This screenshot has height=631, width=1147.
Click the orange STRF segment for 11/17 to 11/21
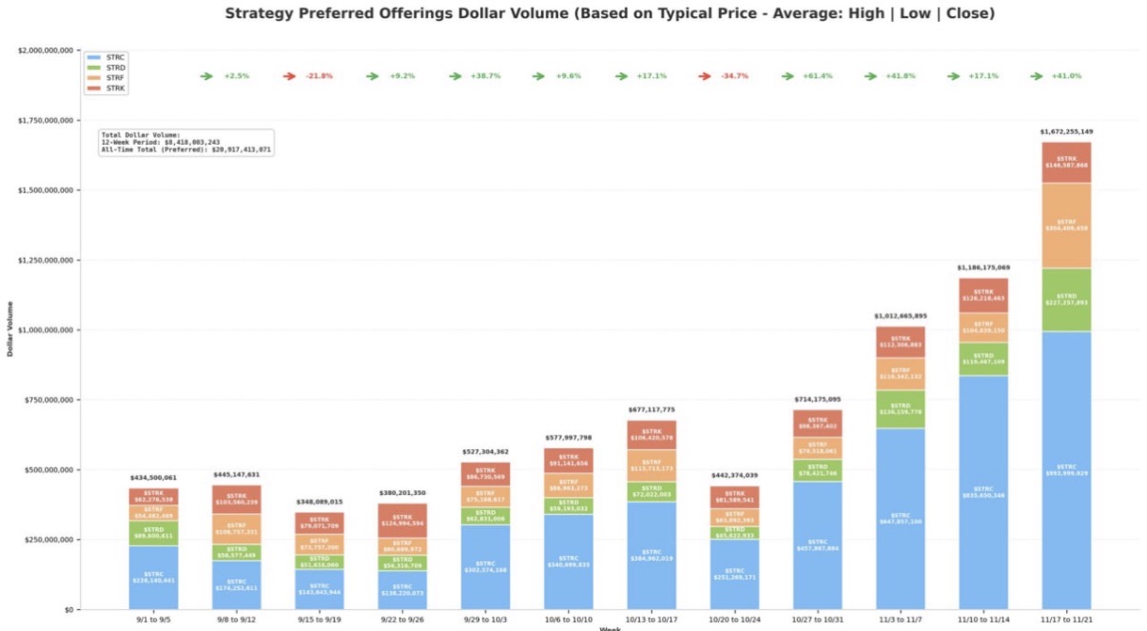1065,226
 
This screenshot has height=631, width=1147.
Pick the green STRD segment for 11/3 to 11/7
899,409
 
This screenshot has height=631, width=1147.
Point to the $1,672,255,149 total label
1065,131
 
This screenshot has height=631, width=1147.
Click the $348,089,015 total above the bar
320,502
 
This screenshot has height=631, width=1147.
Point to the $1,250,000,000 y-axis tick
47,260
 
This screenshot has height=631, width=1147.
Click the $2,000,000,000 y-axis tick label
47,50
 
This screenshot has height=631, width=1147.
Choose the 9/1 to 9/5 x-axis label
153,619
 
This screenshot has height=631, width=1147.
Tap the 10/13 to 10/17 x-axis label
651,619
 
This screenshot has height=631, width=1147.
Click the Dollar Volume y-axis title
10,328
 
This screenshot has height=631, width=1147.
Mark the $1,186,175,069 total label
982,267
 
